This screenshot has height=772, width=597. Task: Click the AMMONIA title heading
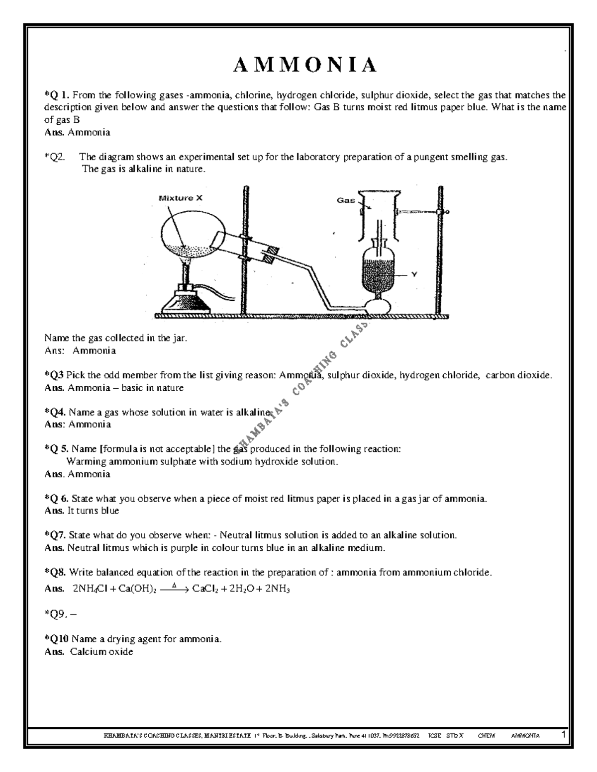[305, 66]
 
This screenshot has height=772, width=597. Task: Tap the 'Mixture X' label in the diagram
[180, 198]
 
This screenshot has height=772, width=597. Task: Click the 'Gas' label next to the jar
[346, 200]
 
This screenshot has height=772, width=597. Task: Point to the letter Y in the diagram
[413, 274]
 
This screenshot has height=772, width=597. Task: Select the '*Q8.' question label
[55, 572]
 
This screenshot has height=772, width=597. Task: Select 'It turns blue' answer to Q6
[94, 511]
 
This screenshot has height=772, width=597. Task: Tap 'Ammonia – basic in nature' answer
[125, 388]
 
